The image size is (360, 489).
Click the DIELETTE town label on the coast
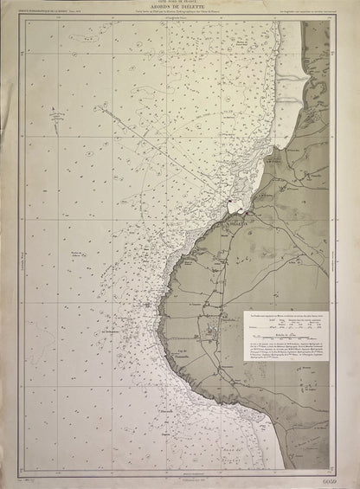click(x=237, y=222)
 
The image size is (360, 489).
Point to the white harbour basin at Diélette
click(x=232, y=208)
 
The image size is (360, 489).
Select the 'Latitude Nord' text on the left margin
click(x=18, y=248)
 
